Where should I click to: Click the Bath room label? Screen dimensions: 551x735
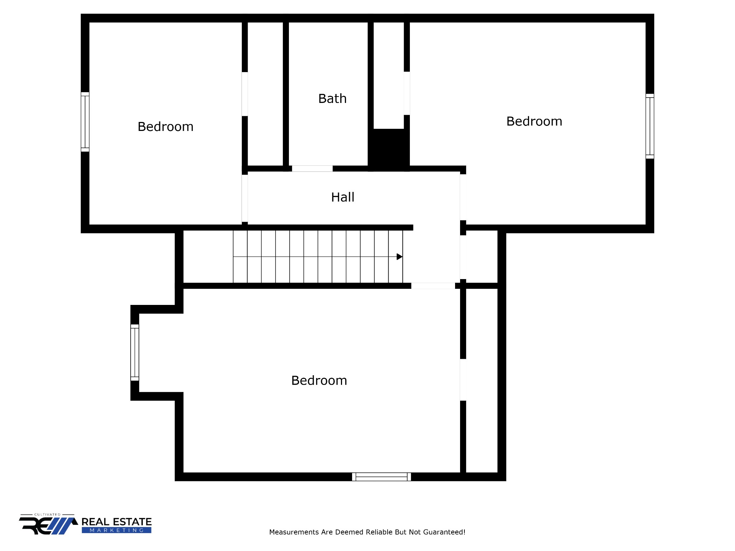(x=332, y=99)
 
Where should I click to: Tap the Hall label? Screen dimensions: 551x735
(x=343, y=197)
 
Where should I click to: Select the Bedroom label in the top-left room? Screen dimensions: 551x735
(x=165, y=127)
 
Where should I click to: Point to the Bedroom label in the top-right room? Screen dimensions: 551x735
(x=534, y=121)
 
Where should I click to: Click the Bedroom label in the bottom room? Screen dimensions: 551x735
(x=319, y=381)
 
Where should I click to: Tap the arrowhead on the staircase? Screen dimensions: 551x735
(x=399, y=257)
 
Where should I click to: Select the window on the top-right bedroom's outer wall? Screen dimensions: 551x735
(x=650, y=126)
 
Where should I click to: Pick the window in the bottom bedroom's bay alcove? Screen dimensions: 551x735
(x=135, y=352)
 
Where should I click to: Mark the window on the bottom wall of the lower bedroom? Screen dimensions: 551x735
(x=381, y=477)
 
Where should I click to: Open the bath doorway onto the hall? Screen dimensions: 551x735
(x=312, y=169)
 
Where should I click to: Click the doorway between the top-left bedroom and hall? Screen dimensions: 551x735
(x=245, y=198)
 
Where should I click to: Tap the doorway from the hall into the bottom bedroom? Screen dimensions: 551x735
(x=433, y=286)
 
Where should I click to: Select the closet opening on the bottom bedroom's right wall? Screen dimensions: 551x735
(x=463, y=380)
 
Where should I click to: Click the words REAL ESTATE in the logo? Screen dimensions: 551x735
(x=116, y=522)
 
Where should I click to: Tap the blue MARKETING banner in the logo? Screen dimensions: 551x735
(x=116, y=530)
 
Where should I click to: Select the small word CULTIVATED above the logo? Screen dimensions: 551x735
(x=47, y=514)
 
